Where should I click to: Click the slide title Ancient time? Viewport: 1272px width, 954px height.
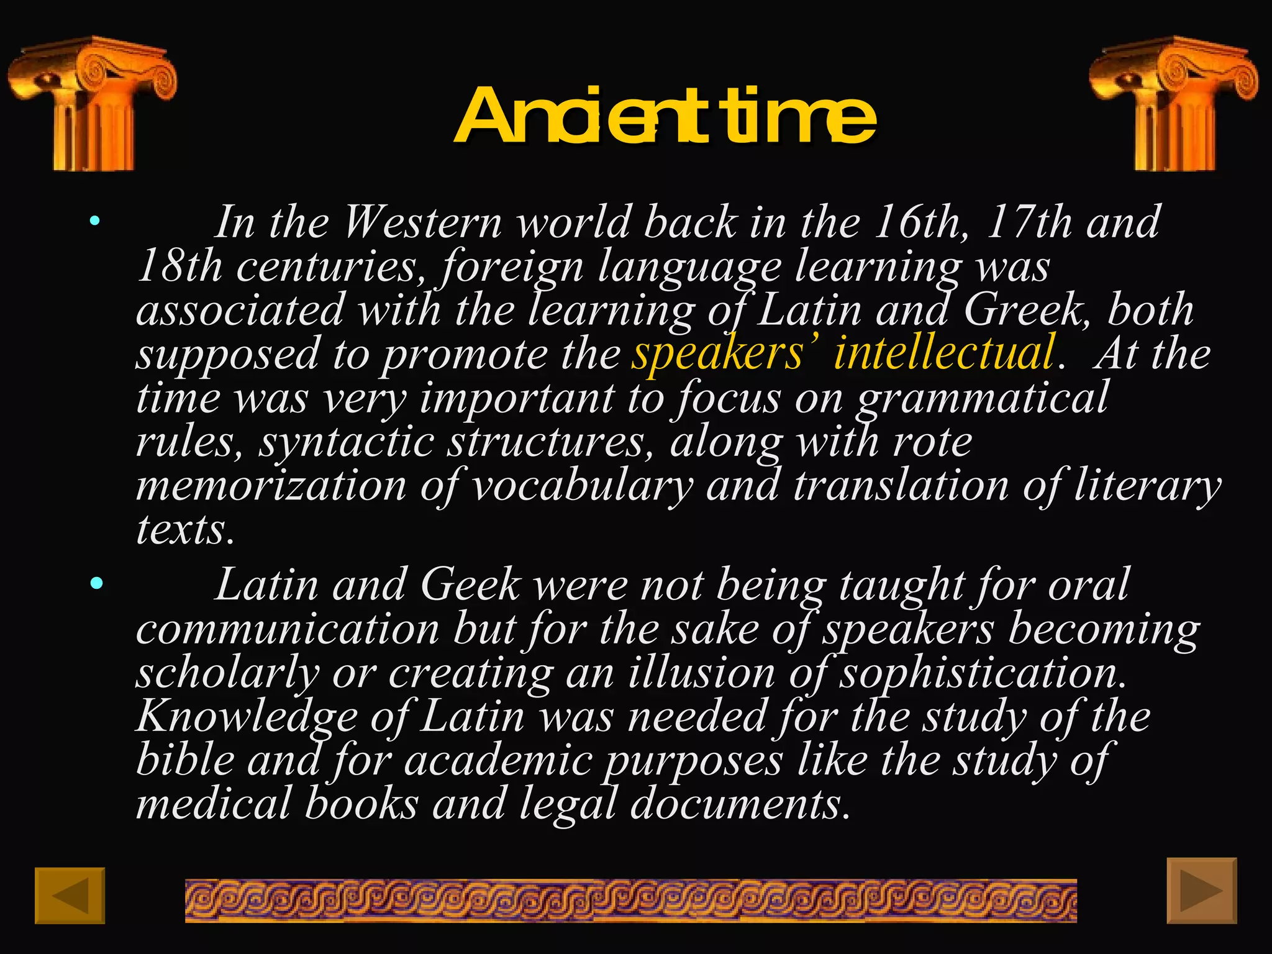click(x=665, y=116)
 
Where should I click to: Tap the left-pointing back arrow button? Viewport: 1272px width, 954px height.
click(x=70, y=895)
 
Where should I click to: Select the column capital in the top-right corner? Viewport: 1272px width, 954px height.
click(x=1173, y=103)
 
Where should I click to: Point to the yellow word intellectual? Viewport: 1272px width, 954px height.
click(x=944, y=353)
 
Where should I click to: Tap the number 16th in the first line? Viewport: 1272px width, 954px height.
click(x=920, y=222)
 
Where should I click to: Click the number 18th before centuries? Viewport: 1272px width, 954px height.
click(x=179, y=266)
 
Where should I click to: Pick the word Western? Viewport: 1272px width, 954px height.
click(x=422, y=222)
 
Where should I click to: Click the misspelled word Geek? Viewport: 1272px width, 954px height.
click(x=470, y=584)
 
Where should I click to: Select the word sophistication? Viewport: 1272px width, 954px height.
click(x=982, y=673)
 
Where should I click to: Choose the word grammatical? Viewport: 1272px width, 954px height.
click(x=982, y=398)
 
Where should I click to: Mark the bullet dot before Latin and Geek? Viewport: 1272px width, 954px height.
click(x=96, y=583)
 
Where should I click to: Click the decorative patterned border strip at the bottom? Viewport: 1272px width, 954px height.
click(x=630, y=900)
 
